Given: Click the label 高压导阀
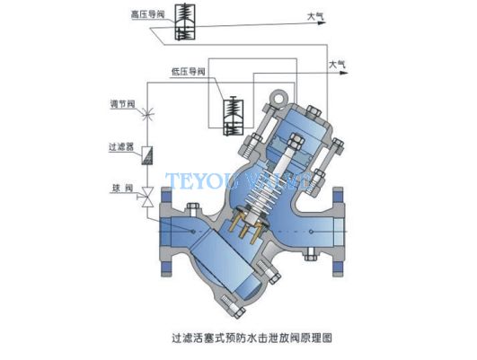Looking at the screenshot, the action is (x=148, y=14).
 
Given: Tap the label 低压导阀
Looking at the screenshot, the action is (x=189, y=72).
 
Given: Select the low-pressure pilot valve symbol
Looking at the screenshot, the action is (x=234, y=116).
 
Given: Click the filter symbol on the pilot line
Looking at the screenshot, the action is (x=147, y=155).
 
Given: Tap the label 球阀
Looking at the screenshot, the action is (x=121, y=189).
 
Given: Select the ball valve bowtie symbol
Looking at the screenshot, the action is (x=148, y=197).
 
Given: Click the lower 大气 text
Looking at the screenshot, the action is (x=338, y=64).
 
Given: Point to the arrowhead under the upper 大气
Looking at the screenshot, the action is (x=322, y=23).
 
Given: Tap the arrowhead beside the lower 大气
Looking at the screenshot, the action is (x=344, y=73).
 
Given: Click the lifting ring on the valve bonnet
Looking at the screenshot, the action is (x=279, y=98).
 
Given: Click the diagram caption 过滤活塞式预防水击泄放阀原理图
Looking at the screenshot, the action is (x=252, y=338).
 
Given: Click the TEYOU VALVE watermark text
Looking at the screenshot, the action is (x=239, y=181).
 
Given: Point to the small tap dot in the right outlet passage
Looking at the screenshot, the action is (x=311, y=232).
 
